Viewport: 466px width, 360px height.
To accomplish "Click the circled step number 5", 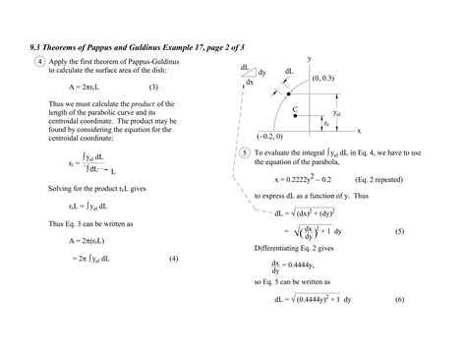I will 245,154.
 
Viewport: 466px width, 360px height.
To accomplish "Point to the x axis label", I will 359,129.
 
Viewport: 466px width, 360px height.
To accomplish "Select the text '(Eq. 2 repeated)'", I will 378,181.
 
